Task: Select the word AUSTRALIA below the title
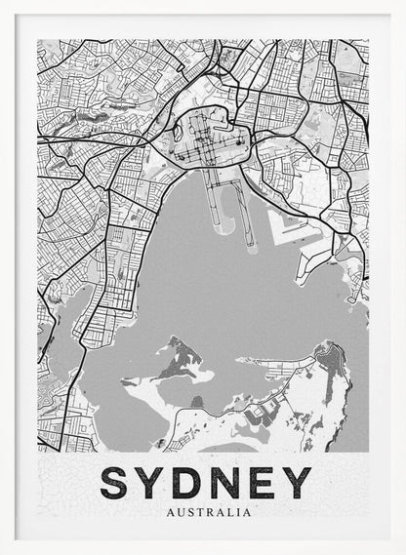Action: tap(209, 511)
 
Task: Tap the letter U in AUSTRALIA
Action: tap(181, 511)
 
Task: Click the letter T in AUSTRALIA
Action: tap(201, 511)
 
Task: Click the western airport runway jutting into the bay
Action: tap(214, 200)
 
